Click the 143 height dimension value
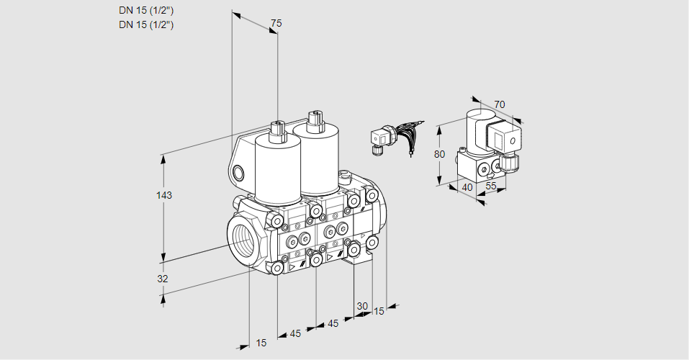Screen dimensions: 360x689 pos(166,195)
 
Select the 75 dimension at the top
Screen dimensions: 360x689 pos(276,24)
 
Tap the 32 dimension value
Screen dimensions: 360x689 pos(163,279)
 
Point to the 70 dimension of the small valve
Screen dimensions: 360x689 pos(500,104)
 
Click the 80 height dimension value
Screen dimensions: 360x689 pos(441,154)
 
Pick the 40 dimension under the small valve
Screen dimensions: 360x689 pos(467,187)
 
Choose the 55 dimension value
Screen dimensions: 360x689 pos(491,187)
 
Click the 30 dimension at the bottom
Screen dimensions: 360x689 pos(362,305)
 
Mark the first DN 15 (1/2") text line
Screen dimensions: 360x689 pos(147,10)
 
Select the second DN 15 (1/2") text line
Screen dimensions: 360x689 pos(147,24)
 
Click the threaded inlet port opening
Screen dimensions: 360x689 pos(240,235)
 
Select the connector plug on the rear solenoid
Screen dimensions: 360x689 pos(313,118)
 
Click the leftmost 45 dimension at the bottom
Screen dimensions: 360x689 pos(296,333)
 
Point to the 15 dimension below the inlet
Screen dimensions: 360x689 pos(261,343)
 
